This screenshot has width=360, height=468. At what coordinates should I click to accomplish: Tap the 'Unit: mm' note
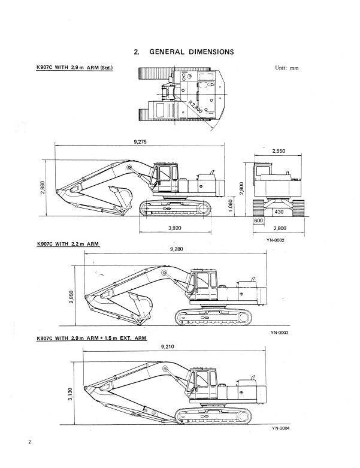coord(286,68)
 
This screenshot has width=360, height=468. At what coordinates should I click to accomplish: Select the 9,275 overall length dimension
coord(143,141)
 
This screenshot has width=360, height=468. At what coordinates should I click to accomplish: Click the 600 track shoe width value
coord(259,221)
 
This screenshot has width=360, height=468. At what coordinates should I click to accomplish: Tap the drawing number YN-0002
coord(275,240)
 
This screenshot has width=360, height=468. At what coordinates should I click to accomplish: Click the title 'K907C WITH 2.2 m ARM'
coord(68,244)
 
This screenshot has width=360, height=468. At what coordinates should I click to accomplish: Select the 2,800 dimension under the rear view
coord(280,228)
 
